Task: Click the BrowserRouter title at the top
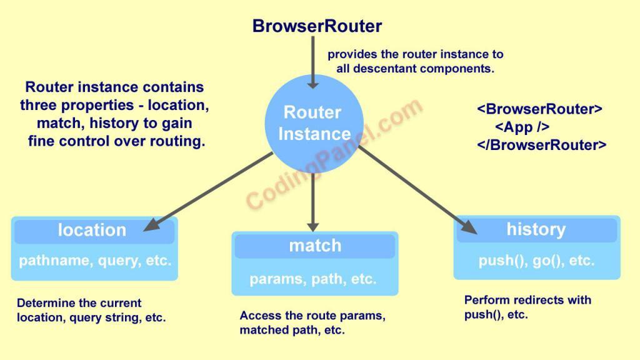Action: pyautogui.click(x=317, y=26)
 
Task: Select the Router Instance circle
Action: pyautogui.click(x=314, y=124)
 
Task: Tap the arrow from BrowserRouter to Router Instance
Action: pyautogui.click(x=314, y=62)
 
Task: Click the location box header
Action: pyautogui.click(x=92, y=230)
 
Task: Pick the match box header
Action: pyautogui.click(x=315, y=246)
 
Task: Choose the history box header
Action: pyautogui.click(x=536, y=229)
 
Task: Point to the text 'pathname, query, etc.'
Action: pyautogui.click(x=95, y=261)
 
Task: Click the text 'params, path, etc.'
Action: pyautogui.click(x=313, y=279)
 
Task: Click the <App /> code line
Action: pyautogui.click(x=522, y=127)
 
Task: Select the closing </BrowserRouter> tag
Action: pyautogui.click(x=541, y=145)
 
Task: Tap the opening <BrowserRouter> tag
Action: pyautogui.click(x=539, y=109)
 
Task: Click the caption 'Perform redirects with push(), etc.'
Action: pyautogui.click(x=527, y=307)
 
